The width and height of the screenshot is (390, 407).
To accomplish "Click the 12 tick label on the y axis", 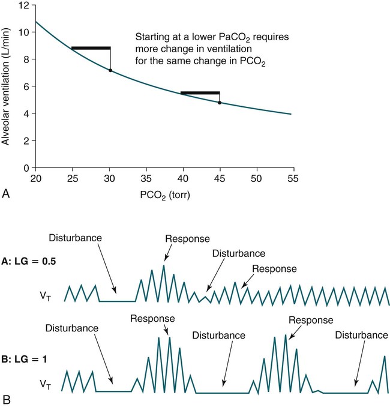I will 24,5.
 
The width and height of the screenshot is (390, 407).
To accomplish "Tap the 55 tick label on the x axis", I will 293,178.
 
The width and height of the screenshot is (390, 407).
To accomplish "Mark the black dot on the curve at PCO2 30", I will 110,71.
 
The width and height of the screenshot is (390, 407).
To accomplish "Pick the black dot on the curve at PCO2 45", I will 220,103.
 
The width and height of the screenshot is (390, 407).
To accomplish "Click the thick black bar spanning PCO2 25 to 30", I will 91,48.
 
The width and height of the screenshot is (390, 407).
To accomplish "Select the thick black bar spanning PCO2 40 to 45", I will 200,93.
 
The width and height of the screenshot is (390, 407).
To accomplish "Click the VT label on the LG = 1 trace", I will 46,382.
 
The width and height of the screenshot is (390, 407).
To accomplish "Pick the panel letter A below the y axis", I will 6,193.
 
